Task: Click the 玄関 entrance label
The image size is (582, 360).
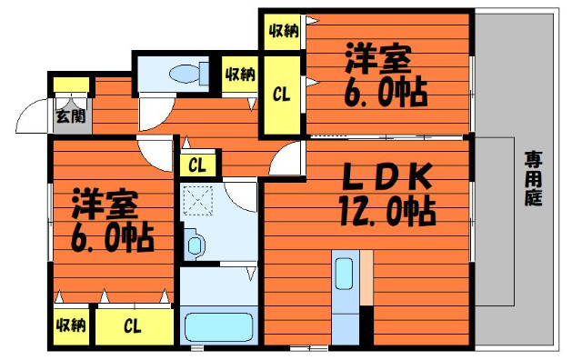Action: pyautogui.click(x=71, y=116)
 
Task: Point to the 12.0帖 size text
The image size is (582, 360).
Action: pyautogui.click(x=387, y=213)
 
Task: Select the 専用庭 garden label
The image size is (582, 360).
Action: pyautogui.click(x=533, y=178)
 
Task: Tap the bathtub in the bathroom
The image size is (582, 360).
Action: pyautogui.click(x=219, y=327)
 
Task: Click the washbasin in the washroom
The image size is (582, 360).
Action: pyautogui.click(x=196, y=245)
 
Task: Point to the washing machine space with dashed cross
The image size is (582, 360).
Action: pyautogui.click(x=198, y=200)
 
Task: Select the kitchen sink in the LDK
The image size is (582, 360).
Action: pyautogui.click(x=344, y=273)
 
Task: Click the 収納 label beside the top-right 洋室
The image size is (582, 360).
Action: pyautogui.click(x=284, y=30)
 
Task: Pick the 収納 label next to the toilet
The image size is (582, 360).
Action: pyautogui.click(x=240, y=75)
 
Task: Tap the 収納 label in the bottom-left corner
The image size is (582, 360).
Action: pyautogui.click(x=71, y=325)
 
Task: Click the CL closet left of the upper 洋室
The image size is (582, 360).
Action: pyautogui.click(x=281, y=95)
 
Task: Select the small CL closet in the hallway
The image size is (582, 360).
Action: pyautogui.click(x=197, y=165)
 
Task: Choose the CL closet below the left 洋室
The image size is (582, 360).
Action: pyautogui.click(x=133, y=326)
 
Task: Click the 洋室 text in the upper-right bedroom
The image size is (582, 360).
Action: pyautogui.click(x=378, y=59)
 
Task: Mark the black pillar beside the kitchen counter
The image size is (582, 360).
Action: pyautogui.click(x=366, y=325)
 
